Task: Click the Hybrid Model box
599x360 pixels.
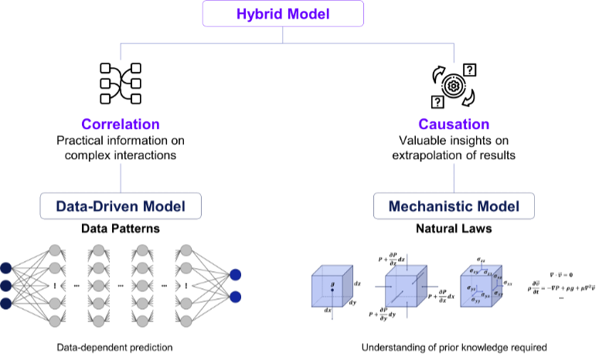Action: pyautogui.click(x=283, y=14)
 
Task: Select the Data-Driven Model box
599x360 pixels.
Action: pyautogui.click(x=121, y=206)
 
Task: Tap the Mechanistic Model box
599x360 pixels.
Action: pyautogui.click(x=454, y=206)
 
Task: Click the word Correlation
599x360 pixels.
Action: pyautogui.click(x=121, y=124)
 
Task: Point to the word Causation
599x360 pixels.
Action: pyautogui.click(x=454, y=124)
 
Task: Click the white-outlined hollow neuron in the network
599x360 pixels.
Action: pyautogui.click(x=185, y=286)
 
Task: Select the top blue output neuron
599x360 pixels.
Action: pyautogui.click(x=235, y=274)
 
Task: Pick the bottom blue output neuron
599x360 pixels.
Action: pyautogui.click(x=235, y=297)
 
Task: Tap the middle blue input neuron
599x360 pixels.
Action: pyautogui.click(x=5, y=286)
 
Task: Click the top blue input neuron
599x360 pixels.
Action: pyautogui.click(x=5, y=268)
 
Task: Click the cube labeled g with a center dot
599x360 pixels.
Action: pyautogui.click(x=332, y=287)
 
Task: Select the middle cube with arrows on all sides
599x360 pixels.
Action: pyautogui.click(x=406, y=287)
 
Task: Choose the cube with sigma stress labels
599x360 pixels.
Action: pyautogui.click(x=481, y=287)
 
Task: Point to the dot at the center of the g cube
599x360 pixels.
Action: pyautogui.click(x=332, y=290)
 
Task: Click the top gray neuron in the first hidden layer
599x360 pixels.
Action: pyautogui.click(x=55, y=250)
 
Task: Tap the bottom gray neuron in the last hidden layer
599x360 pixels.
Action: pyautogui.click(x=185, y=321)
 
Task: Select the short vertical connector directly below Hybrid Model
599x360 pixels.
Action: pyautogui.click(x=283, y=35)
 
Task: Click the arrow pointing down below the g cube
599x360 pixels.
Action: pyautogui.click(x=332, y=314)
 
